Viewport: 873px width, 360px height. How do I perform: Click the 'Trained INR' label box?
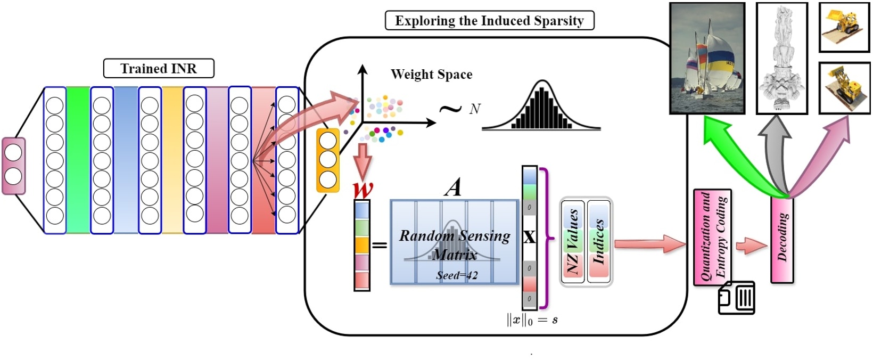tap(159, 69)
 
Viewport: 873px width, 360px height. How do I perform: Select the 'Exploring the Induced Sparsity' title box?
tap(489, 21)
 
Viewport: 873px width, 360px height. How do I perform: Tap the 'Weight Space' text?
tap(431, 75)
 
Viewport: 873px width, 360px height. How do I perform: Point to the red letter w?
tap(363, 190)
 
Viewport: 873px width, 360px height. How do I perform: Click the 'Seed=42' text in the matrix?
tap(457, 275)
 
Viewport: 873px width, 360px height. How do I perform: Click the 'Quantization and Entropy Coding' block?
tap(713, 238)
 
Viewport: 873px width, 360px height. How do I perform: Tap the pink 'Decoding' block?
tap(782, 239)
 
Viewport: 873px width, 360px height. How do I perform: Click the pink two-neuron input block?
tap(13, 165)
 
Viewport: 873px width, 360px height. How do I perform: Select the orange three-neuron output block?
tap(328, 160)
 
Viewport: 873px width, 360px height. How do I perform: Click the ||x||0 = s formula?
tap(532, 320)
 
